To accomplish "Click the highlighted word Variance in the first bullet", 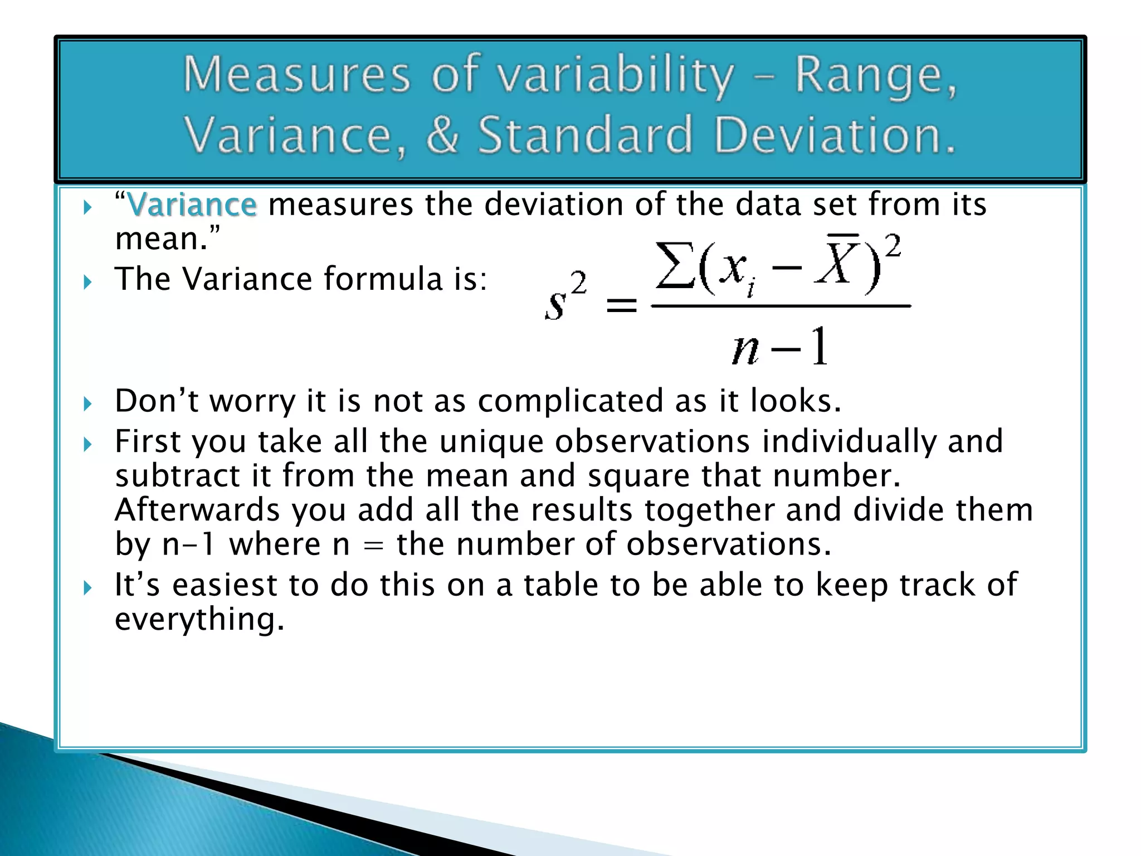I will (x=192, y=205).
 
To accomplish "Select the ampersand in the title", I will (x=443, y=135).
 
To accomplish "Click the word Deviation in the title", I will (x=834, y=135).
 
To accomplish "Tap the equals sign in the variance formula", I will (x=621, y=305).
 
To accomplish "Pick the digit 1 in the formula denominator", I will (x=819, y=347).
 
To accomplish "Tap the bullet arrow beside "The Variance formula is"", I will (x=87, y=282).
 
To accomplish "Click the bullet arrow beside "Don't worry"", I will (x=87, y=403).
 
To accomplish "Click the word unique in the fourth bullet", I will (x=491, y=441).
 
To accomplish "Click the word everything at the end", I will (x=199, y=619).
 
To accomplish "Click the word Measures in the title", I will (x=296, y=76).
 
